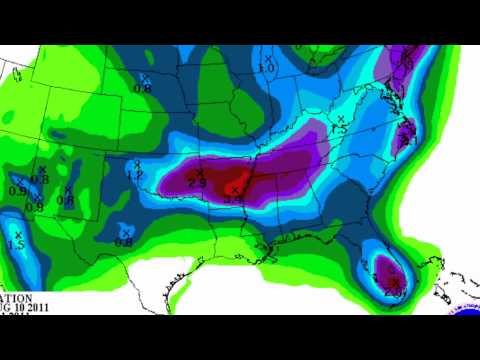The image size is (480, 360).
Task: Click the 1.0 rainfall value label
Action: click(x=266, y=68)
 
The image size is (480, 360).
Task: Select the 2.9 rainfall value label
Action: click(x=196, y=183)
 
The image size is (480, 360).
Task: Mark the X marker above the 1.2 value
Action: click(x=136, y=165)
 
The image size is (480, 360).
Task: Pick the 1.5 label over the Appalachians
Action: click(x=338, y=129)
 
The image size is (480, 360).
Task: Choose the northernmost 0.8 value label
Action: click(x=142, y=88)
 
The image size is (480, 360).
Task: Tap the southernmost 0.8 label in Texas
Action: click(x=124, y=241)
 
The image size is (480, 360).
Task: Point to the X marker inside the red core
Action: click(x=236, y=188)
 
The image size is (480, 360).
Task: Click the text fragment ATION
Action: click(x=16, y=297)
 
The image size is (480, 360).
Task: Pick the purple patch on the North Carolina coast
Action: click(x=407, y=131)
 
